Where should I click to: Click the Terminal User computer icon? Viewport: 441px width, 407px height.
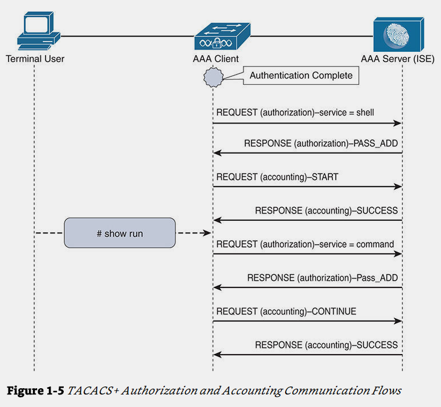[x=37, y=31]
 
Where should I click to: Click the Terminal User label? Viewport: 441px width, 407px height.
[x=35, y=59]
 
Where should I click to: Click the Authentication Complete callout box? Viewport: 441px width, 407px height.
[x=301, y=75]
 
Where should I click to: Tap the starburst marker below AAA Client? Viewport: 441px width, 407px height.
[x=213, y=76]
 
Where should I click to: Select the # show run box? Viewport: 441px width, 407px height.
[x=119, y=233]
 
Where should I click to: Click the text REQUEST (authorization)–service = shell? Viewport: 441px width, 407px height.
[x=295, y=112]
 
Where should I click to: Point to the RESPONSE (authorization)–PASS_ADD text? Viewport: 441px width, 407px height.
[x=321, y=143]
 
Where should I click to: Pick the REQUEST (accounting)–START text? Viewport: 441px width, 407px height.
[x=277, y=177]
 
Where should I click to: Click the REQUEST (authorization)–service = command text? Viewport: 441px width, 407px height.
[x=305, y=244]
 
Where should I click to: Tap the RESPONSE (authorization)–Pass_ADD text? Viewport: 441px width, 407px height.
[x=322, y=278]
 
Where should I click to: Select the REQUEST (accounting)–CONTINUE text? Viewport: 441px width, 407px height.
[x=286, y=311]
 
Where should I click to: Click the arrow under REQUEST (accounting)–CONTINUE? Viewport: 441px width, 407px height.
[x=308, y=322]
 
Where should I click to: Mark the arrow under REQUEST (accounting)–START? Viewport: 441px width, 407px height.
[x=308, y=187]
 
